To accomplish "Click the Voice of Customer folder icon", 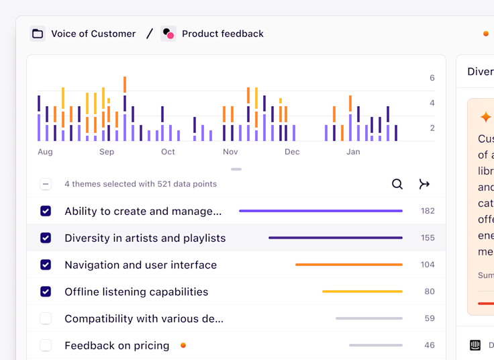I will coord(38,34).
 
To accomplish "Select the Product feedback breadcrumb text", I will coord(222,34).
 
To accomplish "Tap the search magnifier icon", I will coord(397,184).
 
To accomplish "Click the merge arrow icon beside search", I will coord(424,184).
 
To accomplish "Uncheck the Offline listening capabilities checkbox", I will coord(46,291).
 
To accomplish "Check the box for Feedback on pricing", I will coord(46,345).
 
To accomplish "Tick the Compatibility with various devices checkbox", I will coord(46,318).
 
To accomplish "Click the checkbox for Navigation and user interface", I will coord(46,265).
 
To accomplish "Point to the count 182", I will coord(428,211).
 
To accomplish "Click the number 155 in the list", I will coord(428,238).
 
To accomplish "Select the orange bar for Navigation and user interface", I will coord(348,265).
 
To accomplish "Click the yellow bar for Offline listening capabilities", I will coord(362,291).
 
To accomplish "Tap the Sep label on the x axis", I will coord(107,152).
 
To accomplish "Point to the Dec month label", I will coord(292,152).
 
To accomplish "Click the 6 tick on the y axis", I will coord(432,78).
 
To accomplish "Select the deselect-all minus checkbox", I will coord(46,184).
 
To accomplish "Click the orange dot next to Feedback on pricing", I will coord(183,345).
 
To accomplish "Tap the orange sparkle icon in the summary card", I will coord(485,117).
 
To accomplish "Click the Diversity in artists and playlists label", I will coord(145,238).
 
